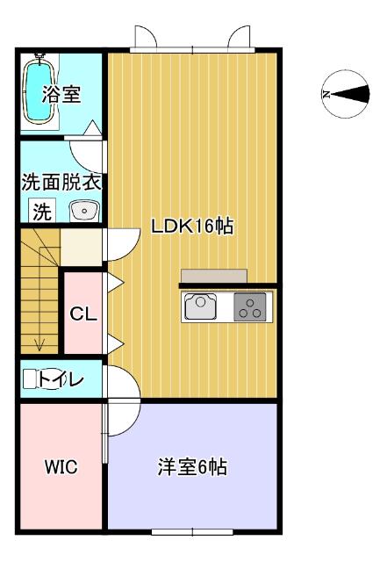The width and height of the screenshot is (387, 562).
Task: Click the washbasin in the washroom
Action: (x=84, y=211)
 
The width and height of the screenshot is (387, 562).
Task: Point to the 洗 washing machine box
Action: (x=41, y=211)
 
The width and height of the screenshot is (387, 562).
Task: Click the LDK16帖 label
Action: (x=191, y=226)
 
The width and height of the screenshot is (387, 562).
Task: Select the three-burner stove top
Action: (x=252, y=307)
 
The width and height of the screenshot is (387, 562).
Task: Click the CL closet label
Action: (x=83, y=314)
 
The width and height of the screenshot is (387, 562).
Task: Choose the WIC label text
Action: (x=61, y=467)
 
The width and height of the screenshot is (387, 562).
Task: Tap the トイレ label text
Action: (x=61, y=379)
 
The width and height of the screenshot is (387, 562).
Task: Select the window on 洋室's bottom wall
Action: (x=191, y=531)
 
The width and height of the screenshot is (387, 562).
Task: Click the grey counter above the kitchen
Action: (x=215, y=275)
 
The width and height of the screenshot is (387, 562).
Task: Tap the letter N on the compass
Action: (x=326, y=94)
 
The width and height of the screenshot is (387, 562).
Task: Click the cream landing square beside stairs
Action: (x=82, y=245)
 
